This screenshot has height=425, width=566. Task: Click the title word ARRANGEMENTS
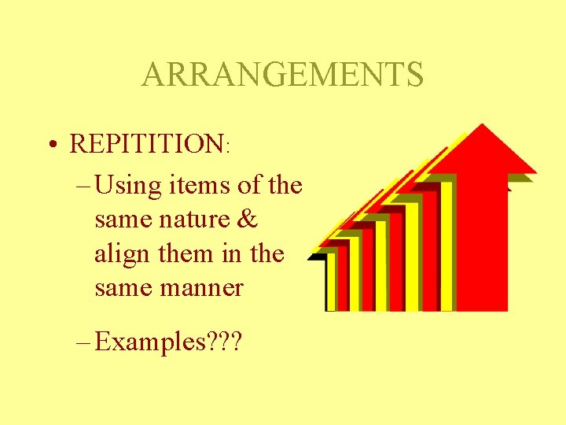(x=282, y=75)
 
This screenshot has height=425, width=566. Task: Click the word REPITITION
(x=147, y=144)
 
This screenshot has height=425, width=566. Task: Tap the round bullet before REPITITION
(x=50, y=145)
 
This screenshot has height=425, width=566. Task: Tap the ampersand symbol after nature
(x=247, y=220)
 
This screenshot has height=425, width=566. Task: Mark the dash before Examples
(x=85, y=343)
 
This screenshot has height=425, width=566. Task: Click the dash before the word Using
(x=85, y=187)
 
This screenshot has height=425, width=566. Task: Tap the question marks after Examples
(x=224, y=343)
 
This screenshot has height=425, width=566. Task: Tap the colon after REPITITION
(x=228, y=147)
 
